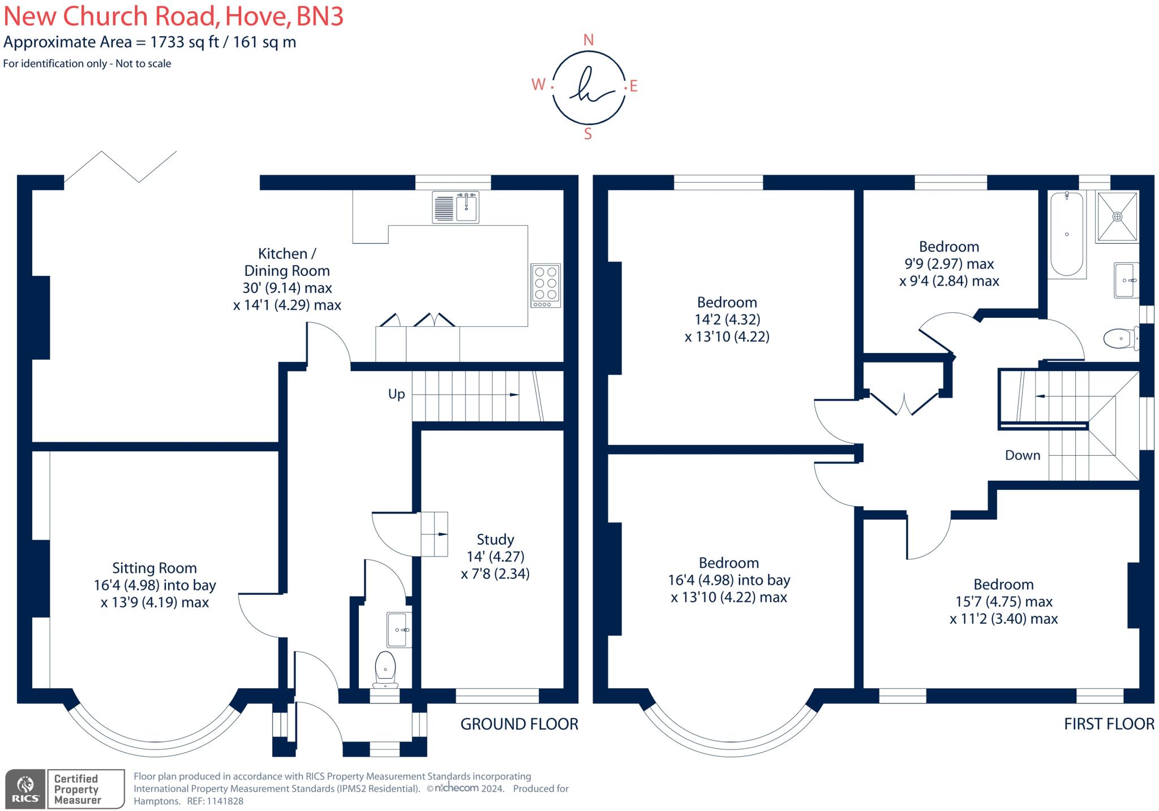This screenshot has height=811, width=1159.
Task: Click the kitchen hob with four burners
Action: coord(546,285)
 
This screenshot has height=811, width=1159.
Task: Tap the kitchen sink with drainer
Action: coord(456,207)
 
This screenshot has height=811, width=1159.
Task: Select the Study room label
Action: coord(495,540)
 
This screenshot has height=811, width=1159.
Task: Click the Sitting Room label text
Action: coord(154,568)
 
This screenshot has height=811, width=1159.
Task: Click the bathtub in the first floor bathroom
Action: coord(1067,234)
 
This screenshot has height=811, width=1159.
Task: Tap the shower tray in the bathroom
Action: coord(1117,217)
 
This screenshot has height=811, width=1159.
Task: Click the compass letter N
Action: coord(589,40)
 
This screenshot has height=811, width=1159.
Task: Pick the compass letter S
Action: coord(588,134)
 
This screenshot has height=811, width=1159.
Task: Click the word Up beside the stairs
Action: coord(396,394)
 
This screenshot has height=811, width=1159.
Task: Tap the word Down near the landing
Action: coord(1023,455)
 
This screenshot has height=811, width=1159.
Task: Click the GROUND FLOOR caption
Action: coord(519,724)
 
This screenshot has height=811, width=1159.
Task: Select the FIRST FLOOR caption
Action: coord(1109,724)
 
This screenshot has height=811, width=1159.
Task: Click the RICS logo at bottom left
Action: coord(25,789)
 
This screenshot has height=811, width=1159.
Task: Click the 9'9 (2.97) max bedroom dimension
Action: coord(948,264)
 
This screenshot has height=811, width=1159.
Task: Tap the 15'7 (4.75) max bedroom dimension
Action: coord(1003,602)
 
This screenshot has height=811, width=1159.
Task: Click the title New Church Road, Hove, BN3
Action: coord(173,16)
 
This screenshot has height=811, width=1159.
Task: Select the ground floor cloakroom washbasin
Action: coord(399,629)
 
